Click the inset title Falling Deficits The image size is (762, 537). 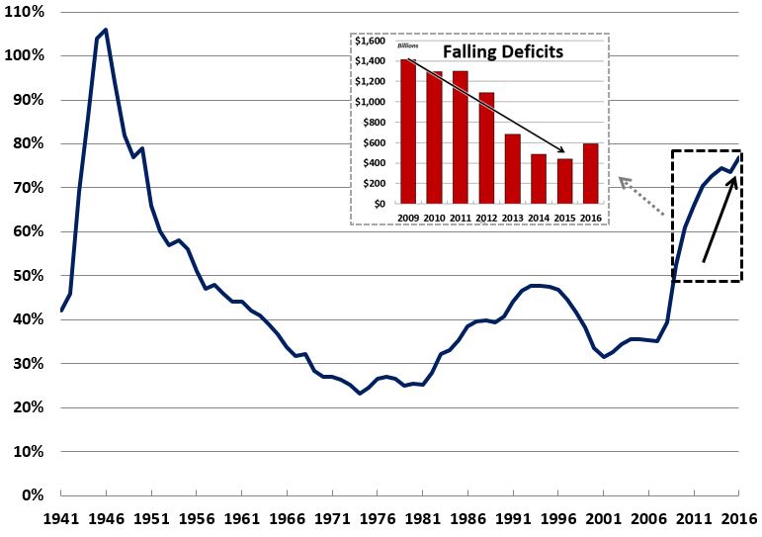click(x=502, y=50)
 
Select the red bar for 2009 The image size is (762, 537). click(x=408, y=132)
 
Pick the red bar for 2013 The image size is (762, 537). click(x=511, y=168)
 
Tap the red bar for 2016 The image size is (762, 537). click(x=590, y=173)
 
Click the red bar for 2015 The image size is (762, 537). click(x=564, y=181)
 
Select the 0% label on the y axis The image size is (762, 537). click(x=29, y=495)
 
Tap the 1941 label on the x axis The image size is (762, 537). click(x=61, y=518)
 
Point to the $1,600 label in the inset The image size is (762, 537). click(x=375, y=42)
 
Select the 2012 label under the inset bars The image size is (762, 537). click(x=485, y=218)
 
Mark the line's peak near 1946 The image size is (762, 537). click(x=106, y=30)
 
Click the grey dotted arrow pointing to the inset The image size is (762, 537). click(x=641, y=192)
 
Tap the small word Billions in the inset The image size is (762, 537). click(x=408, y=45)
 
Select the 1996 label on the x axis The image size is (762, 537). click(x=557, y=518)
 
